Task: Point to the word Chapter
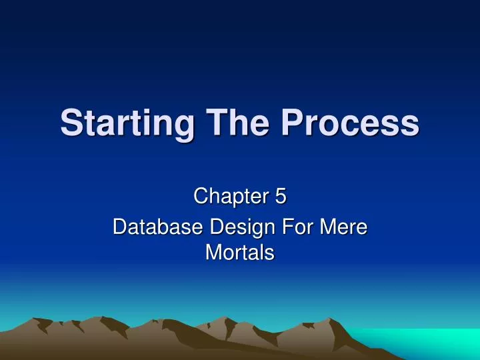228,197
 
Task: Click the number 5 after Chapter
280,197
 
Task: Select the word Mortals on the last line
240,253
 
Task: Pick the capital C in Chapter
199,197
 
